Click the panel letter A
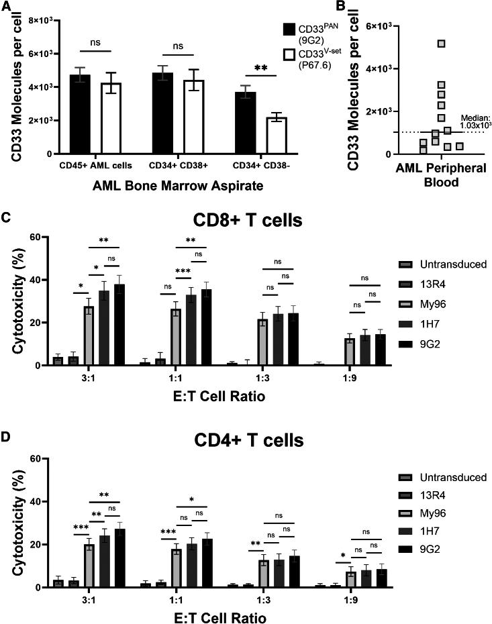(7, 7)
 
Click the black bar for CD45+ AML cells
(80, 114)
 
